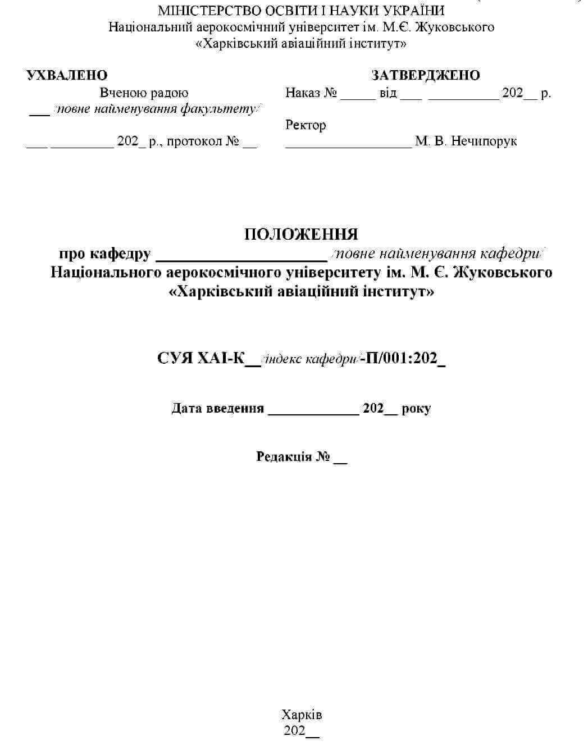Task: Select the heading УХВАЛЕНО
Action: click(67, 75)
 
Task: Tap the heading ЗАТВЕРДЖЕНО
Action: click(426, 75)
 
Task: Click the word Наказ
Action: click(303, 93)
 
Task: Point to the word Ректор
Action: click(306, 125)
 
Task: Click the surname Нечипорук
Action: click(484, 141)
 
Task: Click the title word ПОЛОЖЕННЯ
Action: click(301, 234)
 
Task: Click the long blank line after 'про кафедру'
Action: click(241, 260)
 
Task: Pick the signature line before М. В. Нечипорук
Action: click(348, 146)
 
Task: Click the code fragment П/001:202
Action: click(402, 358)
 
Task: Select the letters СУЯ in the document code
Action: click(175, 358)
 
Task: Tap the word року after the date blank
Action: click(416, 408)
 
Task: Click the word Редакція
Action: click(284, 456)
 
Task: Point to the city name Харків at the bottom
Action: click(302, 715)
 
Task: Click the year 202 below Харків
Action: click(295, 730)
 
